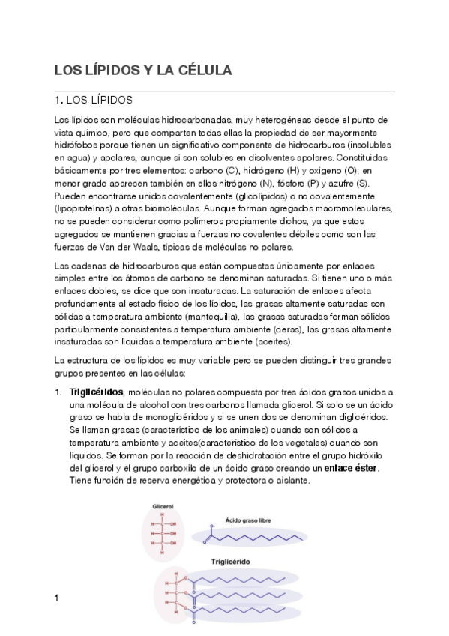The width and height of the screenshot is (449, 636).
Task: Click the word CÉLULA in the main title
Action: pos(202,70)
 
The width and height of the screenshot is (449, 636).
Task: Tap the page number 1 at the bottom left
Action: pos(57,597)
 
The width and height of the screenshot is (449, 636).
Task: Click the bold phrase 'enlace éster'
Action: pos(352,468)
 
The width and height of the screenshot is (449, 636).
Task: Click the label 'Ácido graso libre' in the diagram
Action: pos(252,518)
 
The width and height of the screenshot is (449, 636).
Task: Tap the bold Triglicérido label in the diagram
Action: pos(229,561)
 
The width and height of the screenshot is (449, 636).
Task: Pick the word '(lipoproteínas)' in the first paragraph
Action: pos(85,209)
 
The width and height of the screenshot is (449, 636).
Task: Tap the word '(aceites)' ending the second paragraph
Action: pos(274,342)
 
